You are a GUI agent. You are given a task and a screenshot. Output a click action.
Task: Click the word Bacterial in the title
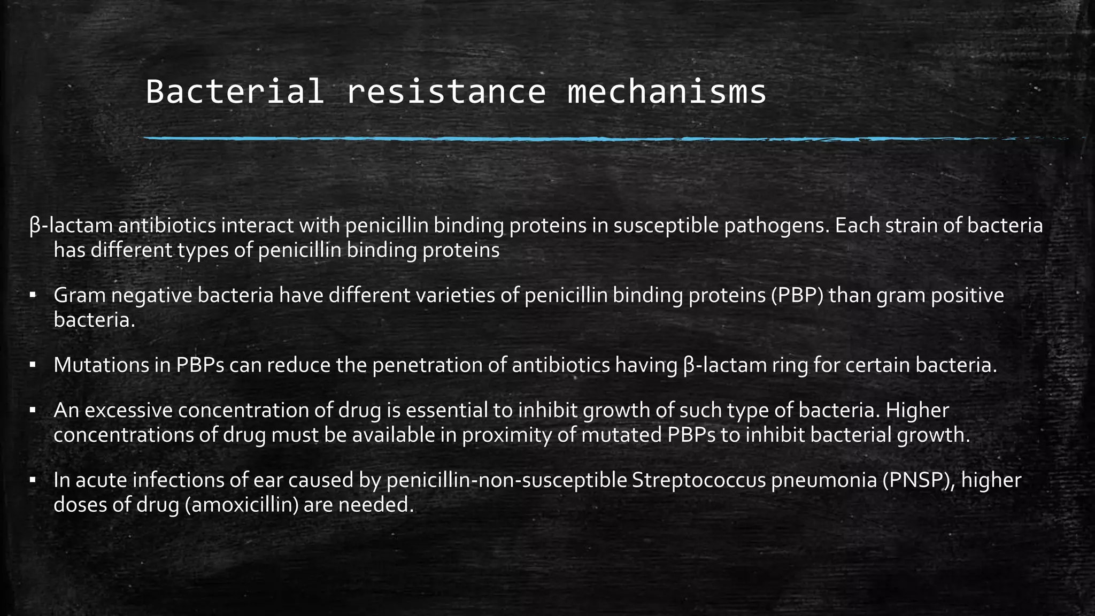click(235, 91)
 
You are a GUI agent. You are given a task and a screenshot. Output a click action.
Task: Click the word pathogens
click(769, 226)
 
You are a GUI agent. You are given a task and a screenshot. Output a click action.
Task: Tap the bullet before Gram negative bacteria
click(33, 295)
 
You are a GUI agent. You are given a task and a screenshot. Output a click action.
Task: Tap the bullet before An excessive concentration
click(33, 410)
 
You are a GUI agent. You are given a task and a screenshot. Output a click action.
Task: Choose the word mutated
click(621, 435)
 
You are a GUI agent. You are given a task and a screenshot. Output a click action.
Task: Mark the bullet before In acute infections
click(33, 480)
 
